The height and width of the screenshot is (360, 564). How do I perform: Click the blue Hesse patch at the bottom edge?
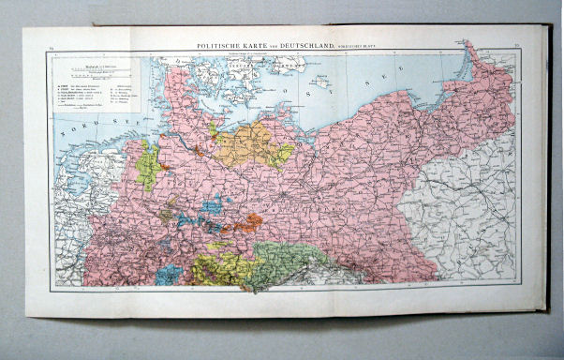170,275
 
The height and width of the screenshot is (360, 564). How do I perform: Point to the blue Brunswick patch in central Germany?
212,203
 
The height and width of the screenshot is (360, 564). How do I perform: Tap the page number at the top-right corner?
518,41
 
